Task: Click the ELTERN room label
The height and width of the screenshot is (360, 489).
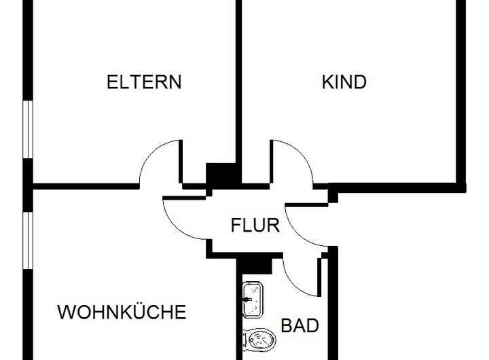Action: (x=144, y=82)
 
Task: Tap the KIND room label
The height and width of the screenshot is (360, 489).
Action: (x=344, y=82)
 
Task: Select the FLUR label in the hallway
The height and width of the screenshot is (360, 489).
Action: (x=255, y=226)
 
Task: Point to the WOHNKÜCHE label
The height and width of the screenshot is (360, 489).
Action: (x=122, y=312)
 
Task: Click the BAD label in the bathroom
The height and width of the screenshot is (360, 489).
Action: (x=300, y=326)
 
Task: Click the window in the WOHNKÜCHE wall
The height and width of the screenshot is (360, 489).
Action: (x=27, y=242)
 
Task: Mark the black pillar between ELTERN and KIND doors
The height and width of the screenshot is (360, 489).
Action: (x=220, y=175)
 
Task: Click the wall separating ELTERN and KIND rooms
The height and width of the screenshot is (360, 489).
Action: (x=239, y=82)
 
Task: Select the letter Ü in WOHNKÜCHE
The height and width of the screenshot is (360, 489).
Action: (x=143, y=312)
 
